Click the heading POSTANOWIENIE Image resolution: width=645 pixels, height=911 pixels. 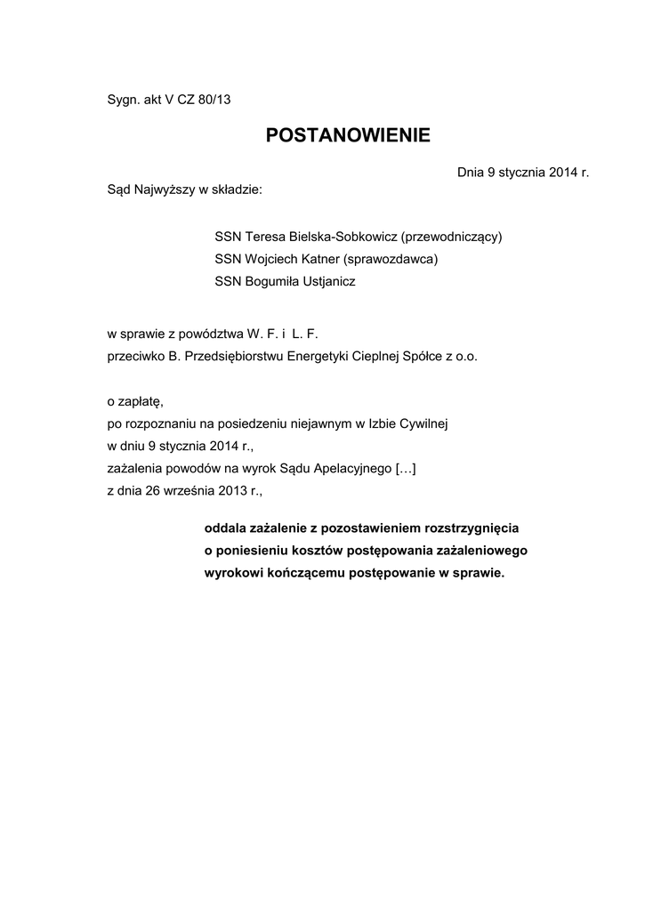tap(348, 135)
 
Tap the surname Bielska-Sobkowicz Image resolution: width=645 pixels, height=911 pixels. tap(341, 237)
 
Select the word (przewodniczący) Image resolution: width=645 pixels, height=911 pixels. tap(452, 237)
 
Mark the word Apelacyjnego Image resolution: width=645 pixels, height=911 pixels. tap(345, 468)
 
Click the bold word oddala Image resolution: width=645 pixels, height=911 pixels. tap(226, 528)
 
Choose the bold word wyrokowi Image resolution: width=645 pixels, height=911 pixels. tap(234, 573)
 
